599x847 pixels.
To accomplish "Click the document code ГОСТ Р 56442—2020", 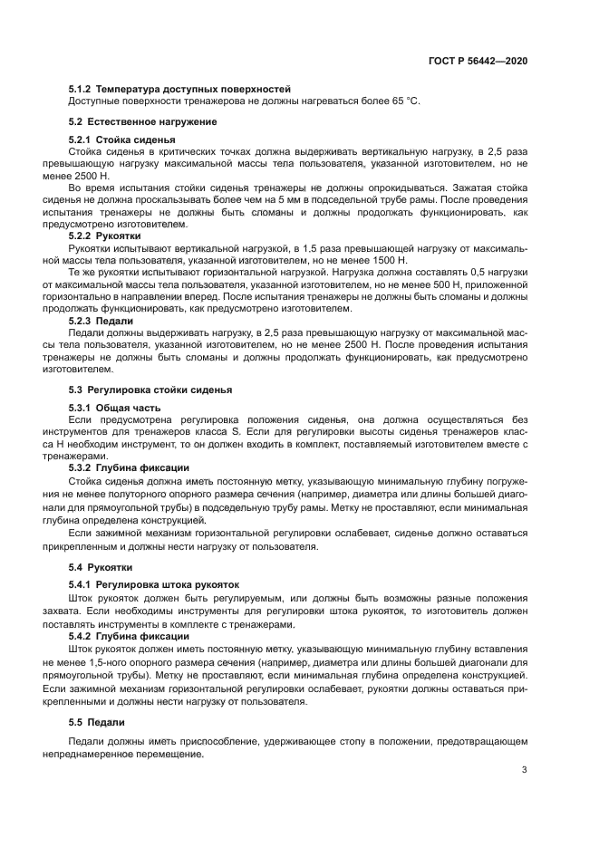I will pyautogui.click(x=478, y=61).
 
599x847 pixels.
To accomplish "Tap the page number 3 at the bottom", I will pyautogui.click(x=524, y=771).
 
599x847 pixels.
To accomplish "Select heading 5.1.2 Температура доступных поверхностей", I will pyautogui.click(x=179, y=89).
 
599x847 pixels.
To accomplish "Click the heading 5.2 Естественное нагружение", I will pyautogui.click(x=142, y=121).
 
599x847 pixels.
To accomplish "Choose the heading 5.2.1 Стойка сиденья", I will pyautogui.click(x=122, y=140).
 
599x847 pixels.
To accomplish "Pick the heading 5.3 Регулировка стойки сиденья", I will pyautogui.click(x=150, y=390).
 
